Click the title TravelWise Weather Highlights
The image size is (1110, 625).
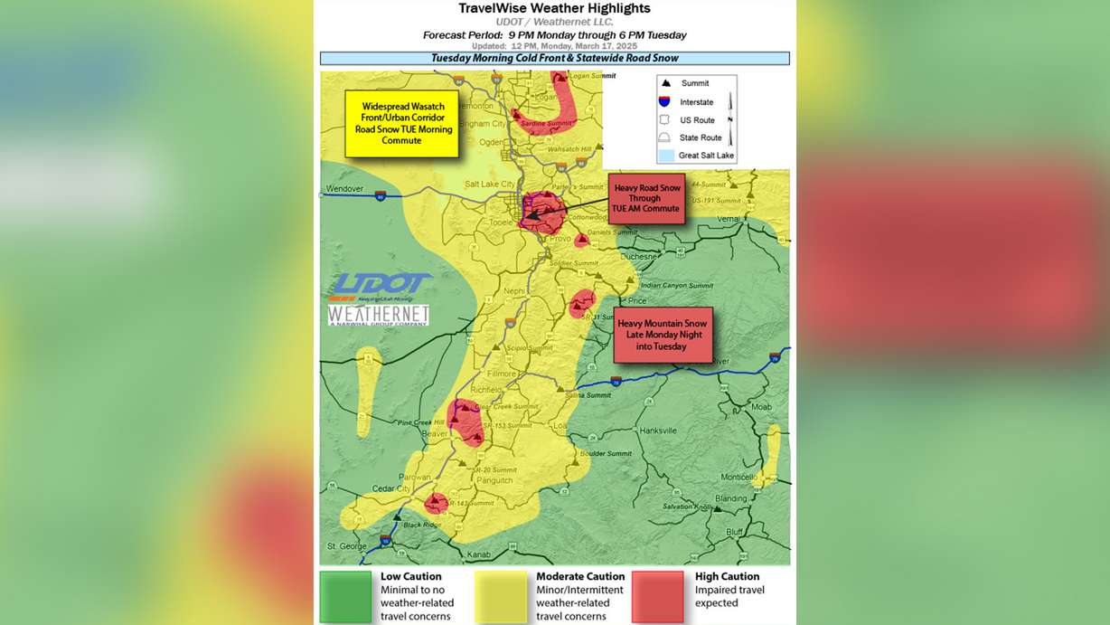tap(554, 8)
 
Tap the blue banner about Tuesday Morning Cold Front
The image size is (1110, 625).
tap(554, 58)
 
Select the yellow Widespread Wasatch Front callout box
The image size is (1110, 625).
tap(401, 124)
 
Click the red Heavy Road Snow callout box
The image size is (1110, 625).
tap(645, 198)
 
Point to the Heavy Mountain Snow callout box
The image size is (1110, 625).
tap(663, 335)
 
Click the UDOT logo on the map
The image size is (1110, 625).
tap(380, 288)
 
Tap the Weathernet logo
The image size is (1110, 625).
tap(378, 315)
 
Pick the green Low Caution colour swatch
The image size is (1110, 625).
tap(344, 596)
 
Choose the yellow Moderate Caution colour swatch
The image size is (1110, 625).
tap(501, 596)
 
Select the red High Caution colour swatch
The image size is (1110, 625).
tap(657, 596)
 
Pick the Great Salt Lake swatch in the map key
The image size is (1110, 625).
tap(665, 156)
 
